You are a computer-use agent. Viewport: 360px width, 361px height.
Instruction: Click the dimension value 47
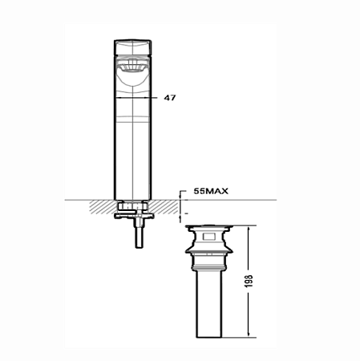tap(169, 97)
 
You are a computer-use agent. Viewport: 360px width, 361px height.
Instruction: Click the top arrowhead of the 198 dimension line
tap(250, 229)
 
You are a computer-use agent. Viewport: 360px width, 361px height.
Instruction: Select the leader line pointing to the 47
tap(152, 97)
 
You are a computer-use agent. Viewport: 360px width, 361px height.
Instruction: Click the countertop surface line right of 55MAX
tap(257, 200)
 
